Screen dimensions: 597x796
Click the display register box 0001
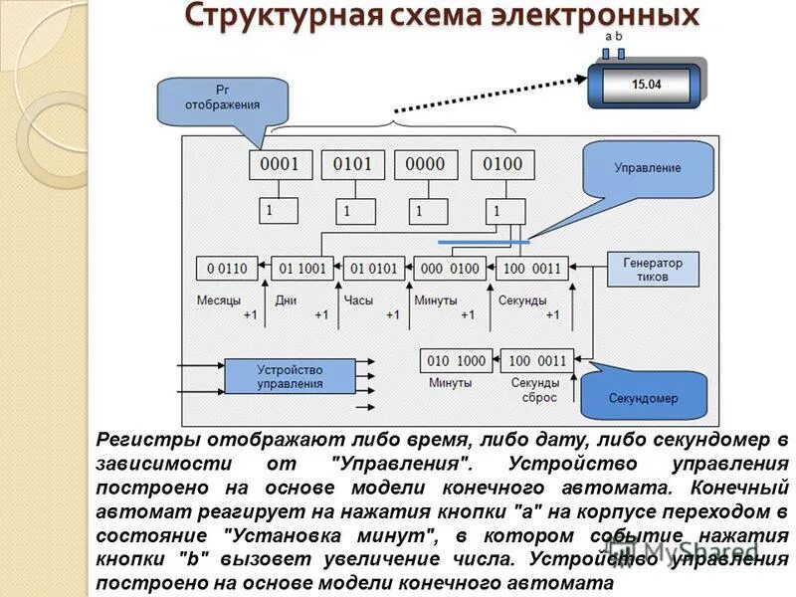(280, 164)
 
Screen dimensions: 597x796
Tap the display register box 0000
(426, 164)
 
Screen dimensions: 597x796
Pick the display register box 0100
(501, 164)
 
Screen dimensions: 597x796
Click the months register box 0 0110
(227, 268)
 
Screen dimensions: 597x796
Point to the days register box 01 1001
(302, 268)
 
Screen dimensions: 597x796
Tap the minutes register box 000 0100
(450, 268)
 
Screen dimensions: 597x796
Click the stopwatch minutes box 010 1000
(458, 360)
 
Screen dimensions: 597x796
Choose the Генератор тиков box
(653, 270)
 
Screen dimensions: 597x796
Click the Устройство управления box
(290, 376)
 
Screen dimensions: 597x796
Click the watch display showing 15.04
(646, 85)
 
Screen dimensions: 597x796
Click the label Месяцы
(218, 299)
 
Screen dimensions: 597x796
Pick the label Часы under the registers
(358, 299)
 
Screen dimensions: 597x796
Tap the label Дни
(287, 299)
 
